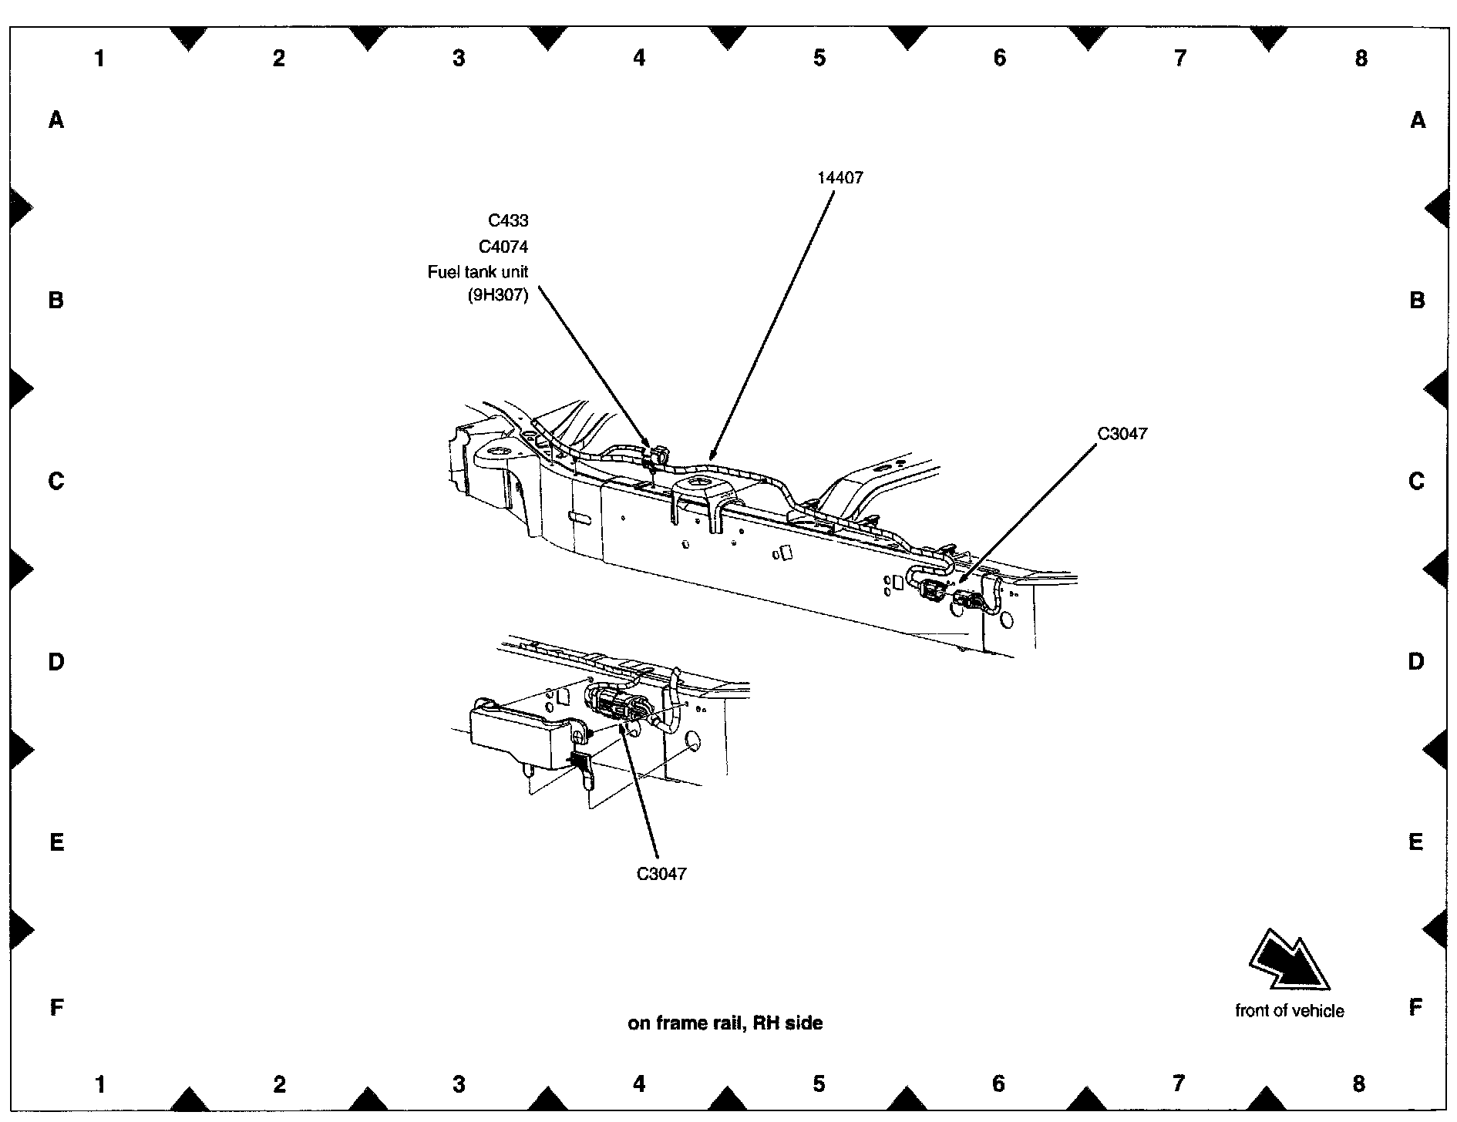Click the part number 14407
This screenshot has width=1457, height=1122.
pyautogui.click(x=840, y=177)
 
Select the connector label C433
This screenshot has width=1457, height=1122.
pyautogui.click(x=508, y=220)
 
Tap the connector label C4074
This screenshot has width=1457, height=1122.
pyautogui.click(x=503, y=247)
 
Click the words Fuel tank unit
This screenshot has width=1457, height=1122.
pyautogui.click(x=477, y=272)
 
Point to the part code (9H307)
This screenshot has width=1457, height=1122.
pyautogui.click(x=498, y=295)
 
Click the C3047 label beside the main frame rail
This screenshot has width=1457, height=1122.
pyautogui.click(x=1122, y=434)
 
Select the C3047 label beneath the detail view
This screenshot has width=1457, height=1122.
pyautogui.click(x=661, y=874)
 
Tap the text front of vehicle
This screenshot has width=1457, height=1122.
pyautogui.click(x=1289, y=1010)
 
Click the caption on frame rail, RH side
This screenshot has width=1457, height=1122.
pyautogui.click(x=725, y=1023)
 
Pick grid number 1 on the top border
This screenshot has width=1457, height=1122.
pyautogui.click(x=99, y=58)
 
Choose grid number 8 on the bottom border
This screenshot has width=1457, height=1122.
pyautogui.click(x=1358, y=1083)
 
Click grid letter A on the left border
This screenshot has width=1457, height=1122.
pyautogui.click(x=56, y=119)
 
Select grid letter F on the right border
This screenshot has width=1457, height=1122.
pyautogui.click(x=1415, y=1007)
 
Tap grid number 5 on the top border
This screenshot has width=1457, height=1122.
pyautogui.click(x=819, y=58)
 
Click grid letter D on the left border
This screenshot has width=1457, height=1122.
pyautogui.click(x=56, y=661)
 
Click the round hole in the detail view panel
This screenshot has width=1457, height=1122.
pyautogui.click(x=692, y=742)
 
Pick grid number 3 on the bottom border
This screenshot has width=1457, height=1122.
pyautogui.click(x=459, y=1084)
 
